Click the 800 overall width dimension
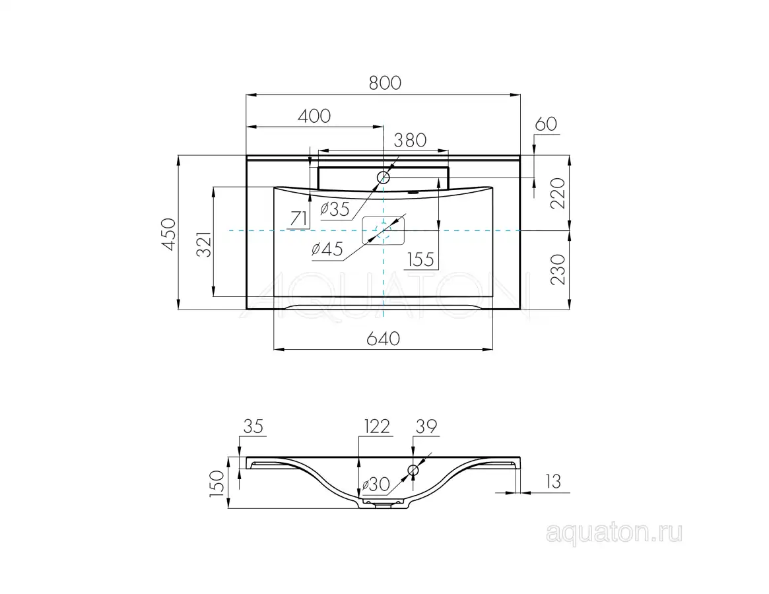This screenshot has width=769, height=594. click(x=384, y=83)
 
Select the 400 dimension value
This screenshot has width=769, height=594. click(x=314, y=115)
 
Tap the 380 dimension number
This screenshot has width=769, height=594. click(x=410, y=140)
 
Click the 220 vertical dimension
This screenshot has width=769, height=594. click(x=558, y=193)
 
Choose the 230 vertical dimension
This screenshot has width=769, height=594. click(x=558, y=269)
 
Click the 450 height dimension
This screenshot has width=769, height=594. click(x=169, y=233)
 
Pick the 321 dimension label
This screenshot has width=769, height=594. click(x=204, y=245)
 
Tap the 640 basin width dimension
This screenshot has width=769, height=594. click(x=383, y=339)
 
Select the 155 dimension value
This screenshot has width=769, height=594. click(x=420, y=259)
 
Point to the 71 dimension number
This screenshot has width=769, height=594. click(x=298, y=218)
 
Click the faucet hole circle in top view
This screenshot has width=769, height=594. click(x=384, y=177)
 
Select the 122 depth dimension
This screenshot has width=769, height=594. click(x=376, y=426)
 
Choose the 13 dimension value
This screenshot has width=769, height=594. click(x=553, y=482)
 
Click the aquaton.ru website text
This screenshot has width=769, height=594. click(x=614, y=533)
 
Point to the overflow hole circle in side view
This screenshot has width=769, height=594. click(x=414, y=470)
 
